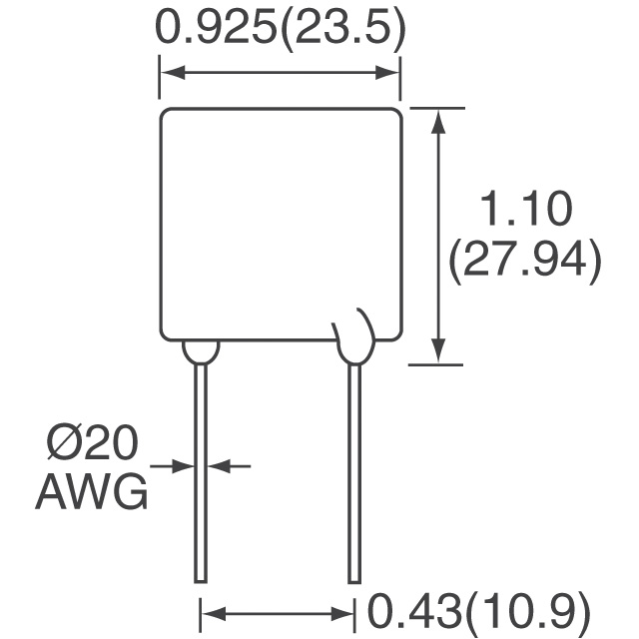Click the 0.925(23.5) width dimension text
[x=281, y=32]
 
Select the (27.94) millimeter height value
[x=524, y=260]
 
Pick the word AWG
[x=92, y=492]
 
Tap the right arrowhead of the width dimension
[x=387, y=73]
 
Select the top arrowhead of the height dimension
[x=438, y=122]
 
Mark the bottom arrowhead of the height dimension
[x=438, y=349]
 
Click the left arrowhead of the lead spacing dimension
[x=215, y=613]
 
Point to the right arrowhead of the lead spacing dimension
[x=341, y=613]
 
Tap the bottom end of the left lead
[x=200, y=581]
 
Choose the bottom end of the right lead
[x=354, y=581]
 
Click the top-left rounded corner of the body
[x=163, y=112]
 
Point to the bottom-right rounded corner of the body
[x=398, y=336]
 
